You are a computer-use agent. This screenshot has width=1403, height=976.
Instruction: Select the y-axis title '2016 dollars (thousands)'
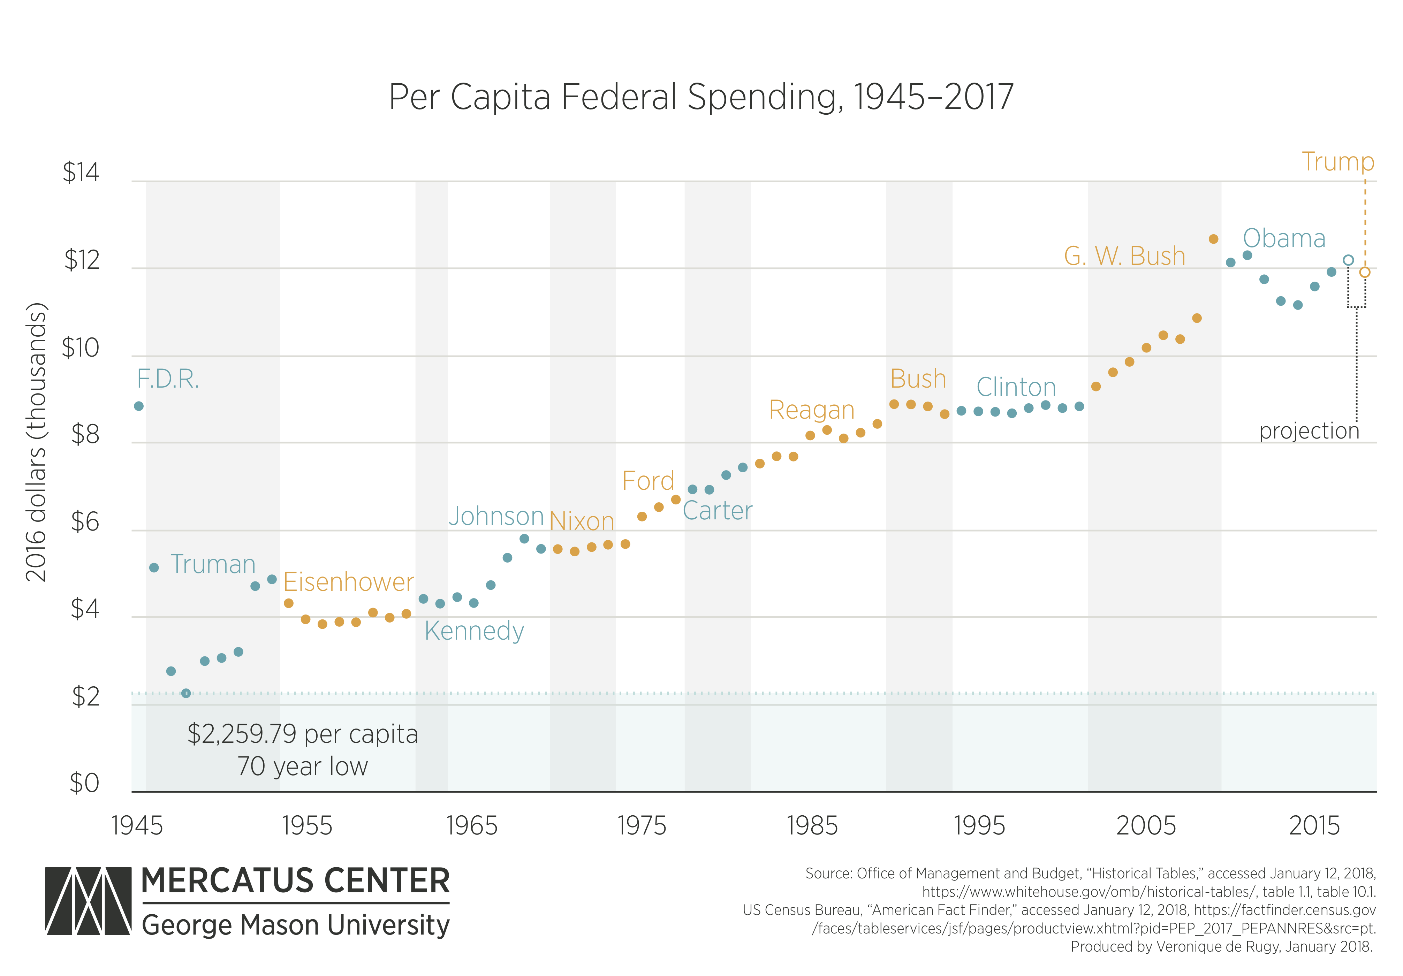[36, 442]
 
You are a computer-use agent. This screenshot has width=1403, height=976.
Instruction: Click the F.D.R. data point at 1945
[139, 406]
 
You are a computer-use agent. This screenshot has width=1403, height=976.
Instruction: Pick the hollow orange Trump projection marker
[1365, 272]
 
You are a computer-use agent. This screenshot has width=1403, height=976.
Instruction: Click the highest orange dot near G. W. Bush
[1214, 239]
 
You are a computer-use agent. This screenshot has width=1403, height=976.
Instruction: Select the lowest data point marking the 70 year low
[187, 693]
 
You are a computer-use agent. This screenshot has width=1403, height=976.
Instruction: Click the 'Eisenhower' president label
[348, 582]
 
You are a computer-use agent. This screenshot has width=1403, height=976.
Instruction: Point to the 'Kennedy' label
[474, 631]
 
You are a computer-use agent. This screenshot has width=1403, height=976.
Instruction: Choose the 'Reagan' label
[811, 410]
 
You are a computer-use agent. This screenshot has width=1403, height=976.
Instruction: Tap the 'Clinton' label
[1016, 387]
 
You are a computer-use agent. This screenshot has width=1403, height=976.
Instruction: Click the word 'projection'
[1309, 431]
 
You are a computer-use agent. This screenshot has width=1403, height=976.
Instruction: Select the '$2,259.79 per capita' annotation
[303, 733]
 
